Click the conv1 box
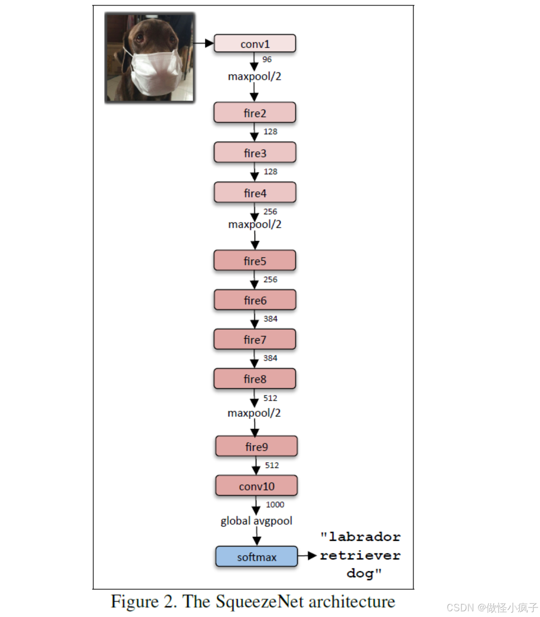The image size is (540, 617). [255, 43]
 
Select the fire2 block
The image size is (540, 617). [255, 112]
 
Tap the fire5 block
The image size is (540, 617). [255, 261]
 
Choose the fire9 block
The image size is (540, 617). [256, 446]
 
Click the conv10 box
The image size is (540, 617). [256, 486]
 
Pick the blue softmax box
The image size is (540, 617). [256, 556]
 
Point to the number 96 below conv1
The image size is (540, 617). [267, 60]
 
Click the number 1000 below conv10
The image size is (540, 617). [275, 505]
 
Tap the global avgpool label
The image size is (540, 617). [256, 521]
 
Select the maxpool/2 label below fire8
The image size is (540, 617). [254, 413]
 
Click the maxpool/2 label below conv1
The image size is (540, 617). [255, 76]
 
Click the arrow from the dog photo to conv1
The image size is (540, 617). [204, 43]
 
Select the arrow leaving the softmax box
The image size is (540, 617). [307, 556]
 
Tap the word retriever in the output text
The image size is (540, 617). [360, 556]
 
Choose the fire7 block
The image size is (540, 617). [255, 339]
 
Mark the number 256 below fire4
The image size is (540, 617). [270, 212]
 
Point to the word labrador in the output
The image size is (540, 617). [364, 537]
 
